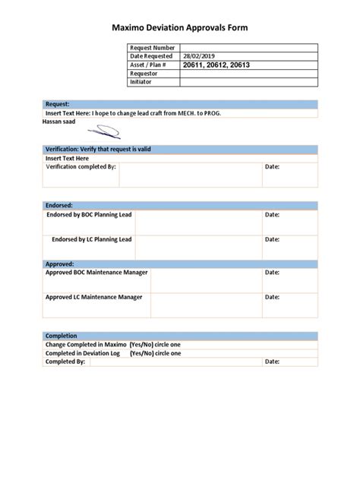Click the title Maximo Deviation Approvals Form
click(180, 28)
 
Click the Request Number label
click(153, 48)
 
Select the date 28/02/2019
click(199, 56)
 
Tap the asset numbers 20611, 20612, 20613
click(216, 65)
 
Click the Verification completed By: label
click(81, 166)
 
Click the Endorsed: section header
click(59, 206)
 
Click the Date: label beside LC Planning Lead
click(272, 239)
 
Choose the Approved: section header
click(60, 264)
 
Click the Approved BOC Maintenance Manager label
click(97, 272)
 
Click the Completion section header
click(62, 336)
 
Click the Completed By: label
click(65, 362)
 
